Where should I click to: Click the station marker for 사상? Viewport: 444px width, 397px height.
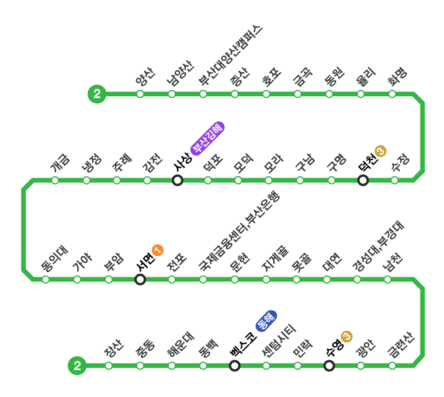(178, 180)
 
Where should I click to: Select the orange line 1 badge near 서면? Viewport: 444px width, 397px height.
(157, 250)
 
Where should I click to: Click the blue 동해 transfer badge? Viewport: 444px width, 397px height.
(266, 321)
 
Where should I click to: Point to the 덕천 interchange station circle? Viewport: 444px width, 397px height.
(363, 180)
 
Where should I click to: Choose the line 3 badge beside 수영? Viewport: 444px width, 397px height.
(346, 336)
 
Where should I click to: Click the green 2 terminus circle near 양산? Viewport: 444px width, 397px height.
(96, 94)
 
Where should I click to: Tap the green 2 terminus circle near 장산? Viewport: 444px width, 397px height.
(77, 366)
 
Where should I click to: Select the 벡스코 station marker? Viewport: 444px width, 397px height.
(235, 366)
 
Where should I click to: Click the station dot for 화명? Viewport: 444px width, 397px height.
(392, 94)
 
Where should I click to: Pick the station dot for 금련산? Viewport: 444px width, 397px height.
(392, 366)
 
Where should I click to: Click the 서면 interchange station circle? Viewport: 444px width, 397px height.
(140, 280)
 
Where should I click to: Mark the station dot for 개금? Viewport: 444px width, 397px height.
(55, 180)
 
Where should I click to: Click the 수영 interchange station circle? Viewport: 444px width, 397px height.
(329, 366)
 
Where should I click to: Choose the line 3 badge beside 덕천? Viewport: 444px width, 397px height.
(381, 151)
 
